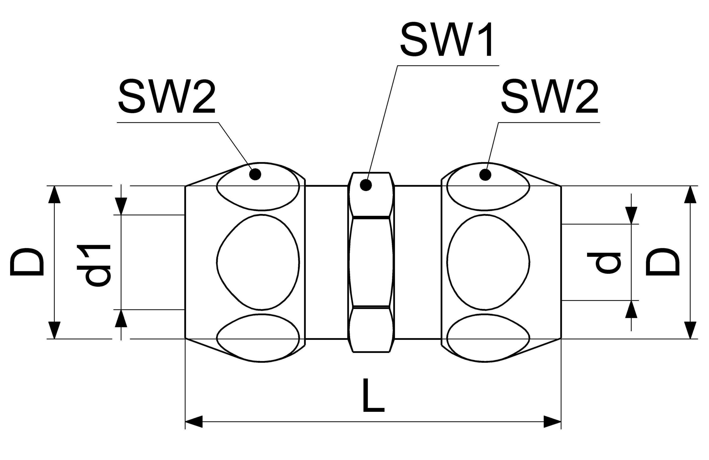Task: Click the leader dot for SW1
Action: click(366, 185)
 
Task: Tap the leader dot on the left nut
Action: click(255, 174)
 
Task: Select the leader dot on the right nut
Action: click(485, 175)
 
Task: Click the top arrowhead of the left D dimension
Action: click(54, 194)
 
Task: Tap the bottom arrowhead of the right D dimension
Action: click(691, 330)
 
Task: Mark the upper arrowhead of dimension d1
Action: click(121, 206)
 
